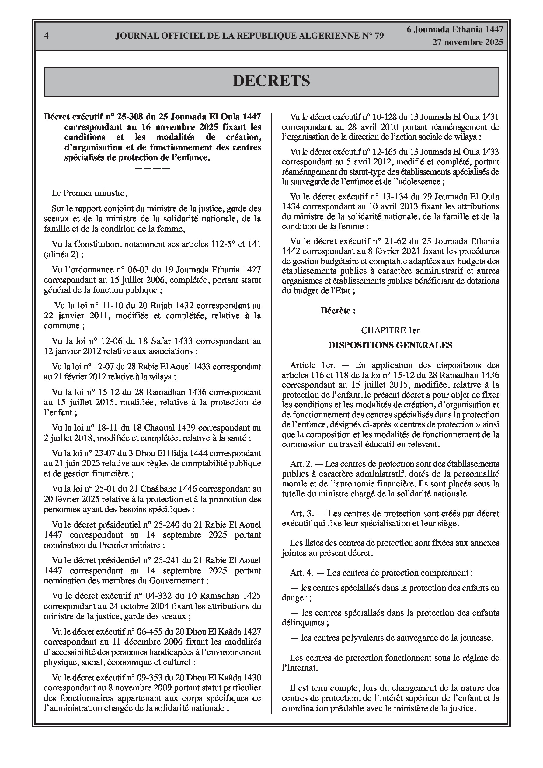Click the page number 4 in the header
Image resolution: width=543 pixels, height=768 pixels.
pyautogui.click(x=46, y=36)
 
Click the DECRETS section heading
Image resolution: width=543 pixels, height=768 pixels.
pyautogui.click(x=271, y=81)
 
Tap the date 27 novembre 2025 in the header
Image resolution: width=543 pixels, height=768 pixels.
pyautogui.click(x=468, y=42)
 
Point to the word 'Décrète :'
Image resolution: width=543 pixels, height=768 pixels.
pyautogui.click(x=338, y=310)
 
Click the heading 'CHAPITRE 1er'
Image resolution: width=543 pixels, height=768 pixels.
pyautogui.click(x=390, y=330)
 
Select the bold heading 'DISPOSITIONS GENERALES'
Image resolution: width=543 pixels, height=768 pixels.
pyautogui.click(x=390, y=345)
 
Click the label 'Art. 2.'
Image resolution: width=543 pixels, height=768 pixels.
pyautogui.click(x=301, y=464)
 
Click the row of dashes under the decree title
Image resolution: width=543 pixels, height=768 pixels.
pyautogui.click(x=152, y=168)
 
